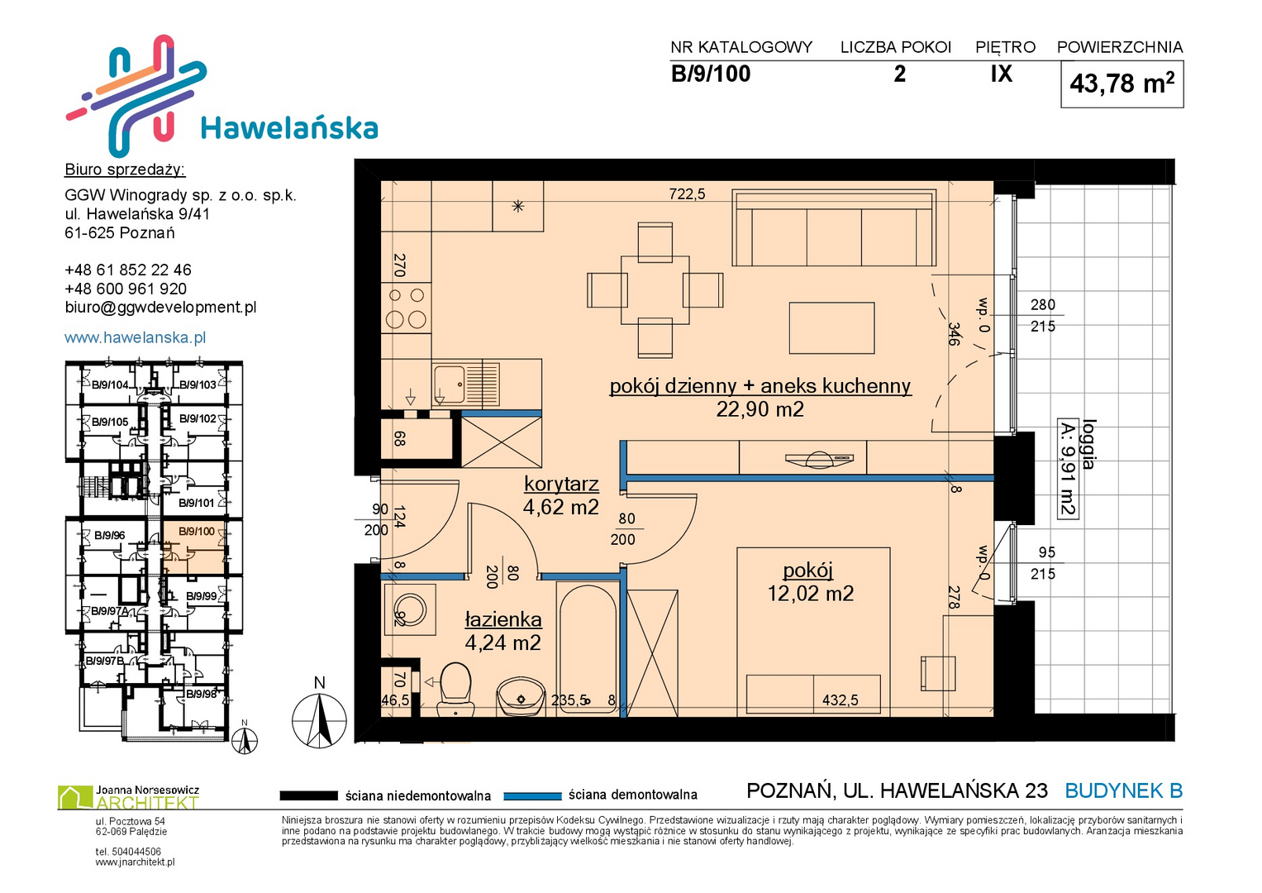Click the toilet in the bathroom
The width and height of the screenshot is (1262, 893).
pos(455,690)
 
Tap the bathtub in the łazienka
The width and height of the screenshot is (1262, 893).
pos(588,648)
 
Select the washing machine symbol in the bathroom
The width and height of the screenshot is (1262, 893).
pos(410,609)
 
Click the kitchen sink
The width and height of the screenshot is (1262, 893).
pos(466,384)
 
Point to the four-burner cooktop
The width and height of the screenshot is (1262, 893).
pos(406,308)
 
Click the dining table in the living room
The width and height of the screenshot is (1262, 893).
pos(655,290)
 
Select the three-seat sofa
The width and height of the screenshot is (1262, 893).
pos(834,227)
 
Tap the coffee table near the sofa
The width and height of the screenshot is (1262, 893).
pos(831,328)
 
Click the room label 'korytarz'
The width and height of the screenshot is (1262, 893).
pos(561,484)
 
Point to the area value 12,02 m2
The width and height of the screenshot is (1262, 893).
pos(810,594)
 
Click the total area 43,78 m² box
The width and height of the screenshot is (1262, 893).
pos(1122,84)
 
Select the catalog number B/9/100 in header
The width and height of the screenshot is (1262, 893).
pos(711,74)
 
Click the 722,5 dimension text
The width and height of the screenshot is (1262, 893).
pos(687,194)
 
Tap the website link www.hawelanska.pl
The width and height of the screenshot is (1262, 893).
pos(136,337)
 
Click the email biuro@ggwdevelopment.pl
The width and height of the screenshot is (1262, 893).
pos(160,308)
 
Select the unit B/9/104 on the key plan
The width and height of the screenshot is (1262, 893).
pos(111,385)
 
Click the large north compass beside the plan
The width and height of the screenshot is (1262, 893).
pos(319,720)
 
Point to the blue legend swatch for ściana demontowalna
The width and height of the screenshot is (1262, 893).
pos(532,796)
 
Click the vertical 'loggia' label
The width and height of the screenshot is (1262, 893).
pos(1088,444)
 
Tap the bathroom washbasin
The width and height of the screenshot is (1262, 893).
pos(521,697)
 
